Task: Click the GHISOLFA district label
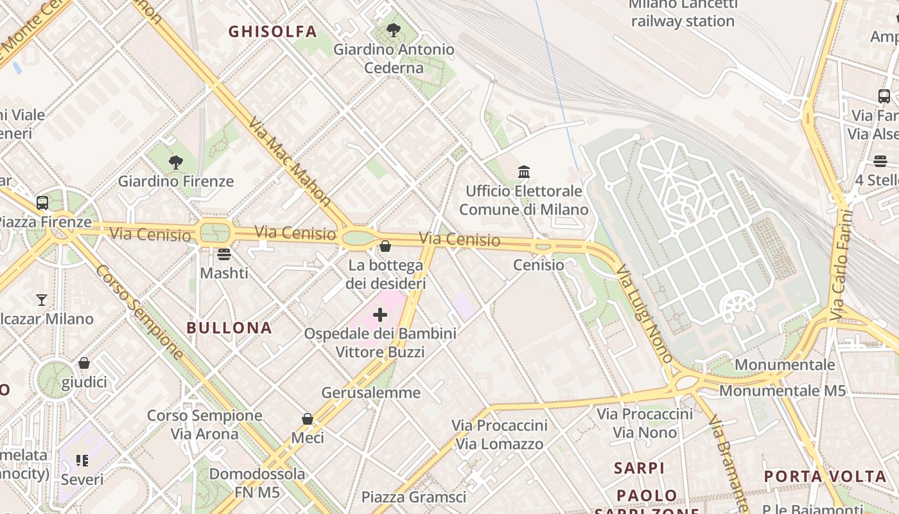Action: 273,31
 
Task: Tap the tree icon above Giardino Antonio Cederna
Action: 394,30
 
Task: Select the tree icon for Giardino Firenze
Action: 175,162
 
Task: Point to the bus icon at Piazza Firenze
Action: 42,203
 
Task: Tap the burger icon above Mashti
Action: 223,254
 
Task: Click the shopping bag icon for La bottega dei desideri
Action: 385,246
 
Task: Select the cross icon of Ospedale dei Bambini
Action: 380,315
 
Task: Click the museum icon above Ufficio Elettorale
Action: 524,172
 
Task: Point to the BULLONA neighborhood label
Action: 229,328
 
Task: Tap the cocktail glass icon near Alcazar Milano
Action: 42,300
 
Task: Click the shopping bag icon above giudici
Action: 84,364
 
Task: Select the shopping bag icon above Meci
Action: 308,419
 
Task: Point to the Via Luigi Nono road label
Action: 644,313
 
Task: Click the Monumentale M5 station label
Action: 782,391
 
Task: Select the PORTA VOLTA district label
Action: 825,477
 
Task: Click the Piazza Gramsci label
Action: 414,497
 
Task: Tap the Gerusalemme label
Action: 371,393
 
